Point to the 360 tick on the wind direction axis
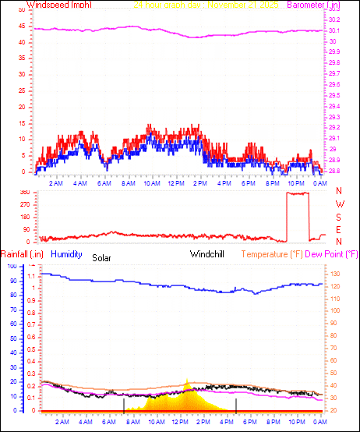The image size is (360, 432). (x=24, y=192)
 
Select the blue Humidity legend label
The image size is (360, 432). (x=66, y=254)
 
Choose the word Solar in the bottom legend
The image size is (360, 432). (x=102, y=257)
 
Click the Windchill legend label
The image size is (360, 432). (x=208, y=254)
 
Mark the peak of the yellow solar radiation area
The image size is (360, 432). (x=188, y=381)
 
